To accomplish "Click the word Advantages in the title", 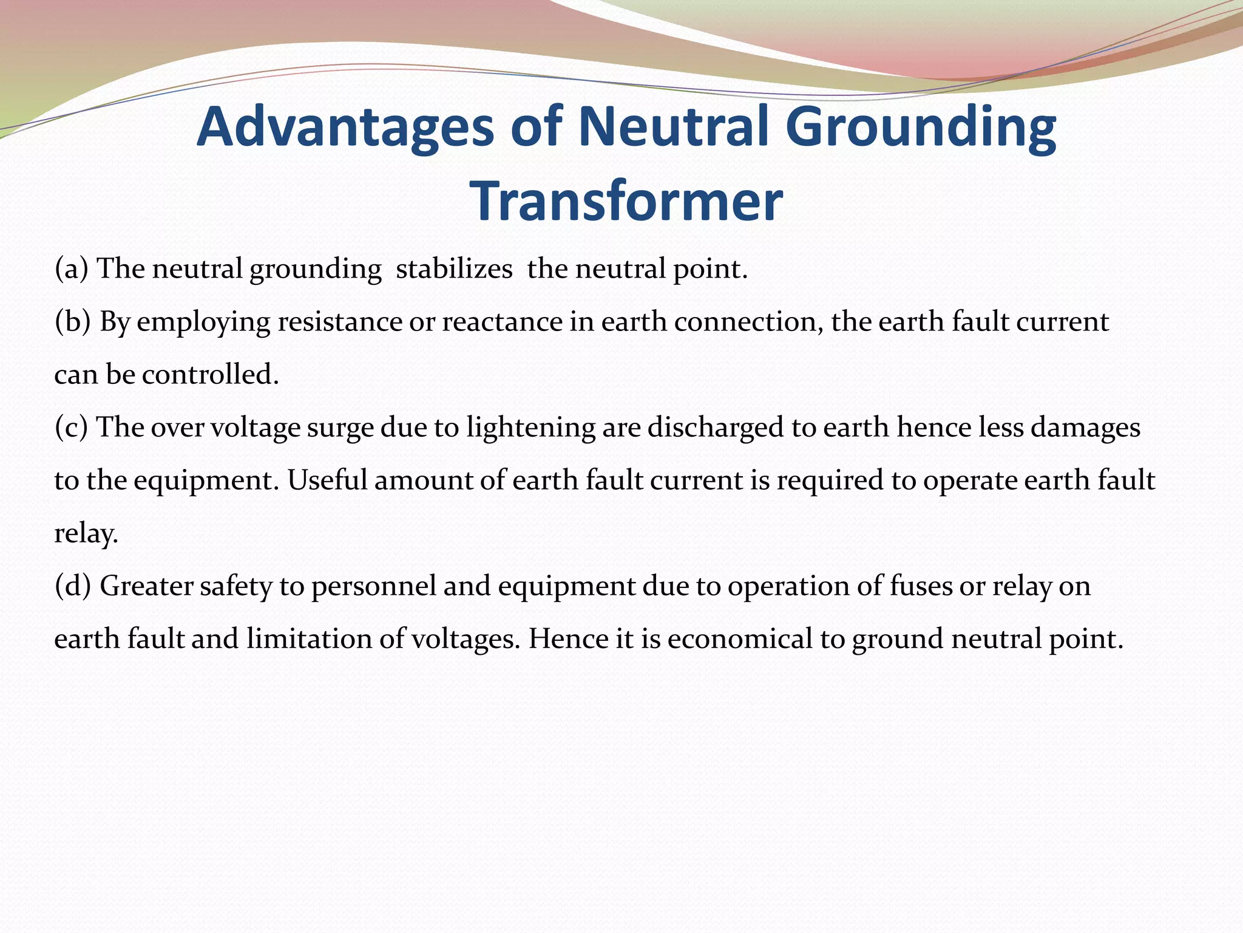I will click(345, 128).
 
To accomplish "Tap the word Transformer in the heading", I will click(626, 202).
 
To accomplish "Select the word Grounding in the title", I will click(920, 128).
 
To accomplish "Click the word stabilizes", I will click(454, 268).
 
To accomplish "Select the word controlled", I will click(210, 374).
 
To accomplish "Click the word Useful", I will click(327, 480).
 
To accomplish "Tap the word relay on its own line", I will click(86, 533).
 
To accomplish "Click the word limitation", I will click(309, 638).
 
